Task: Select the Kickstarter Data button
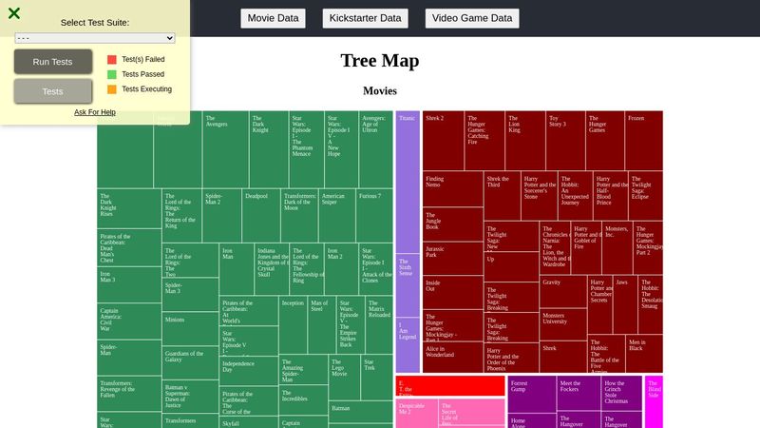click(x=366, y=18)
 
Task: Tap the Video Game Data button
click(x=473, y=18)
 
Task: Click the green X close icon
click(x=14, y=13)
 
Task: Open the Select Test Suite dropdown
click(x=95, y=38)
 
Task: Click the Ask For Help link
click(x=95, y=112)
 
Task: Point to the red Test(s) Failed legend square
click(x=112, y=59)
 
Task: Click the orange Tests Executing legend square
click(x=112, y=89)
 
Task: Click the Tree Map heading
click(x=379, y=61)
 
